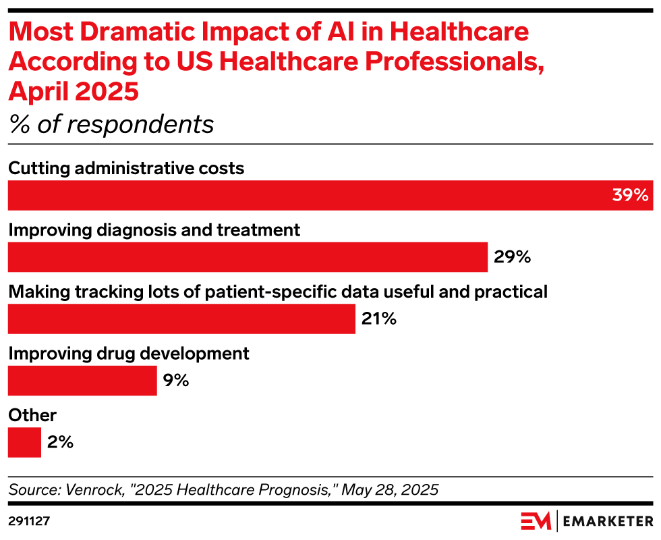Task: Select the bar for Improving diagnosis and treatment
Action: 248,257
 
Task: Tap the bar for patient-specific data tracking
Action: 181,319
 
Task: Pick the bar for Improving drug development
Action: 82,381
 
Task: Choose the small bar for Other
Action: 24,443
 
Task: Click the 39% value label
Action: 630,196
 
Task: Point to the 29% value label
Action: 513,257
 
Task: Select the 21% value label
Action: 379,319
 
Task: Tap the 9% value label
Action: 176,381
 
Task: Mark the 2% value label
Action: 60,443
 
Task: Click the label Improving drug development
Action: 129,353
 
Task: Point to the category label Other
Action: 32,415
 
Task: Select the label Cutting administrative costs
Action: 126,167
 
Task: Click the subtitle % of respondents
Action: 111,125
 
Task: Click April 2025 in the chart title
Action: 74,91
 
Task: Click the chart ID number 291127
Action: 29,522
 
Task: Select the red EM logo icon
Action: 536,521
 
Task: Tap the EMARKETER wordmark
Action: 608,522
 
